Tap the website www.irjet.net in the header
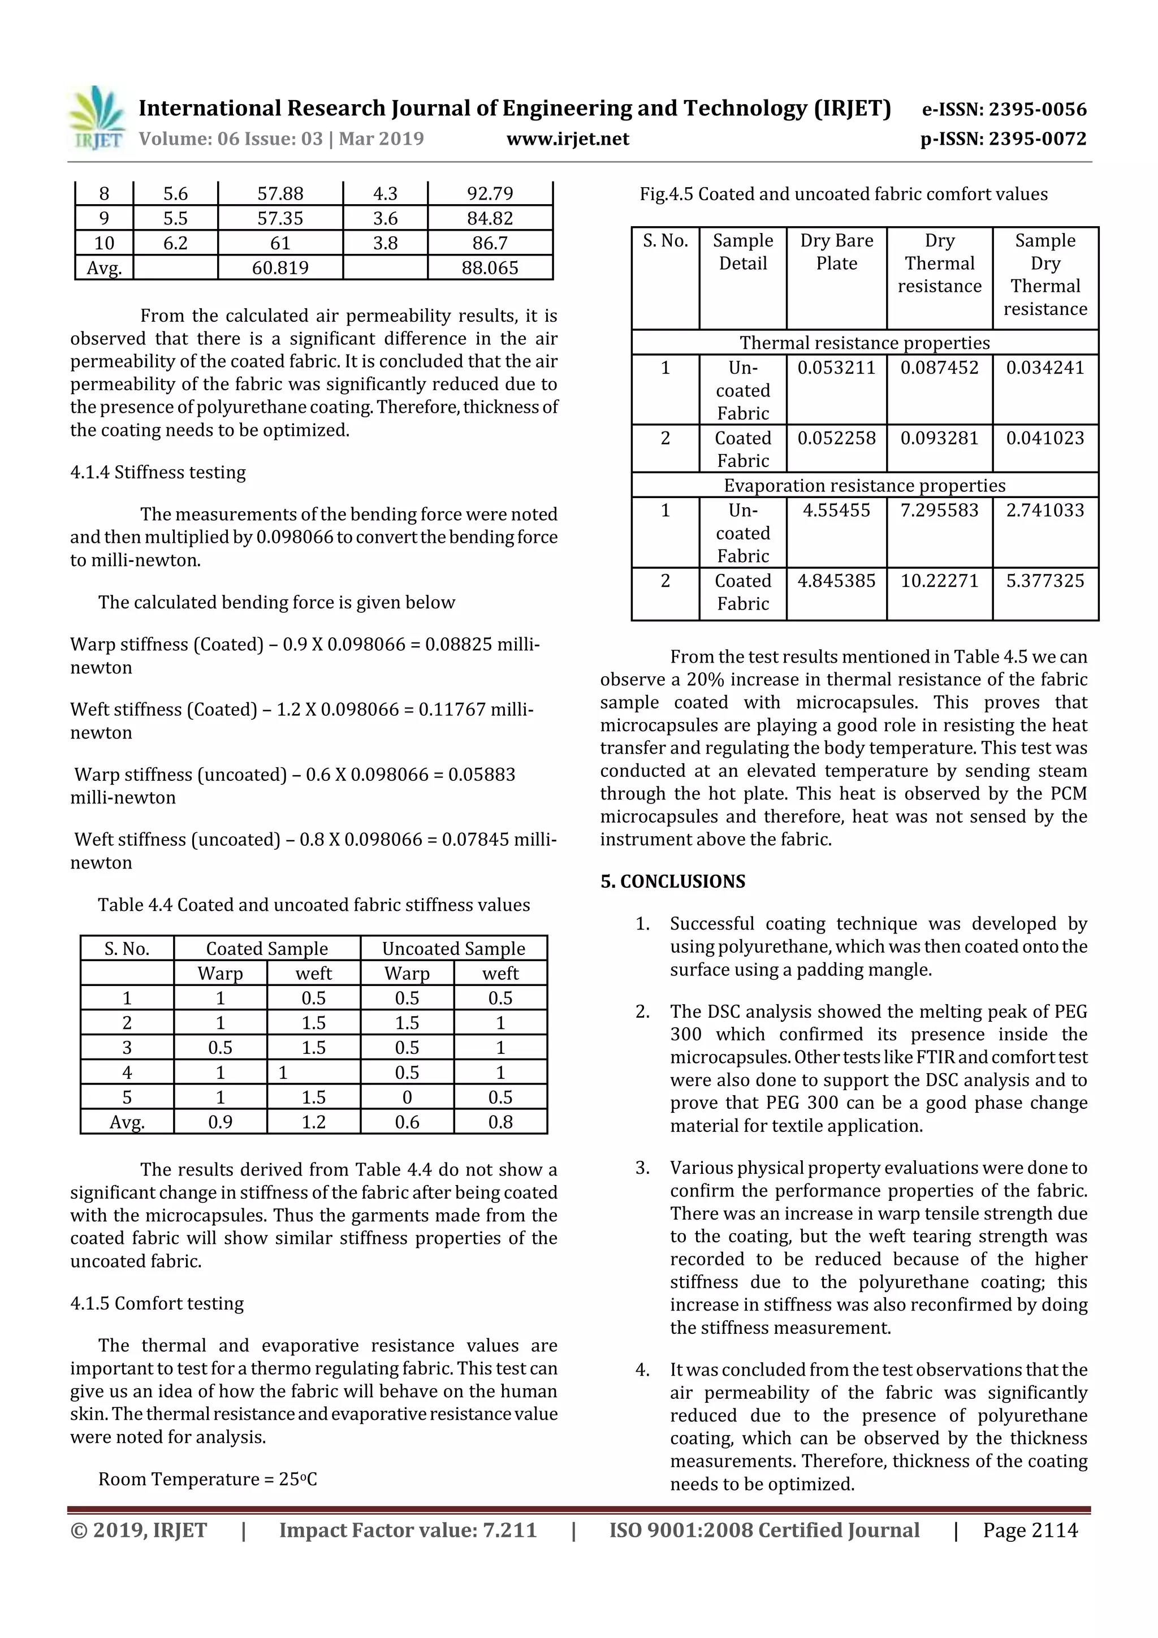(x=567, y=139)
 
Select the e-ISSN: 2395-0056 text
(x=1004, y=109)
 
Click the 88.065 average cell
(x=490, y=268)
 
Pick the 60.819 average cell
(x=280, y=268)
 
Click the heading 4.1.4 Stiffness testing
(x=158, y=472)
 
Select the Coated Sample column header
(x=267, y=948)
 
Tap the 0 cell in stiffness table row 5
(x=407, y=1097)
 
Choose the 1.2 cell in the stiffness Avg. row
(x=313, y=1122)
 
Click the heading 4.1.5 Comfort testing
(x=157, y=1303)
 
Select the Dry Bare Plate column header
(x=836, y=252)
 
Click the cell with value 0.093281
(x=939, y=438)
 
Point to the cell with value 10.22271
(x=939, y=581)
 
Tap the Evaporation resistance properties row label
(x=864, y=485)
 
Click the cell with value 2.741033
(x=1044, y=510)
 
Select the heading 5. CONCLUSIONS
(x=672, y=882)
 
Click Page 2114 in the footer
(x=1030, y=1530)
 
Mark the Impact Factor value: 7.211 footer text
(x=408, y=1530)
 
